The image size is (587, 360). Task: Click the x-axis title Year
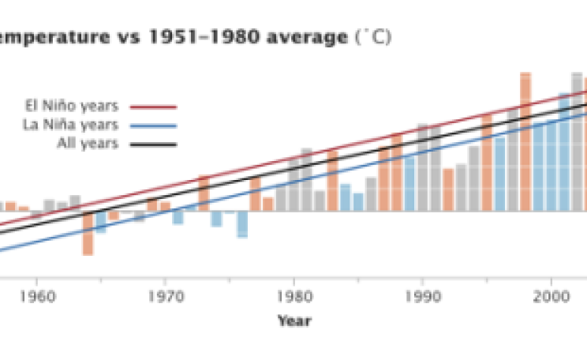pos(293,321)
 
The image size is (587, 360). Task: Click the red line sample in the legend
pos(153,107)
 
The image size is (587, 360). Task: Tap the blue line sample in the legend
pos(153,126)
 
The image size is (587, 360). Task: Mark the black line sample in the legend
pos(153,144)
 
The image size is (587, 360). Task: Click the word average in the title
pos(305,37)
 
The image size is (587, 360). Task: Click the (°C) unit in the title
pos(374,37)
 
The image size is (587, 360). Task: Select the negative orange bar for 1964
pos(88,234)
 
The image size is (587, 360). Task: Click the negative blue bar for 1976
pos(242,224)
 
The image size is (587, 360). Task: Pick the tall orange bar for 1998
pos(525,142)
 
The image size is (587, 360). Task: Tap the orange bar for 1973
pos(204,193)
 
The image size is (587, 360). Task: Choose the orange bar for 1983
pos(332,181)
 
